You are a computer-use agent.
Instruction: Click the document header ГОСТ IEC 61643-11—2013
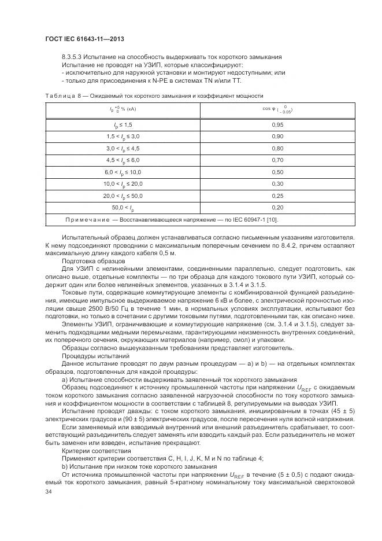click(x=85, y=39)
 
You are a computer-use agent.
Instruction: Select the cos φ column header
click(x=277, y=109)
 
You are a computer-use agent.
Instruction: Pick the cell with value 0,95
click(x=277, y=124)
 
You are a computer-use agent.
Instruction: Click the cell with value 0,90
click(x=277, y=136)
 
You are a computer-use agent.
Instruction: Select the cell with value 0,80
click(x=277, y=148)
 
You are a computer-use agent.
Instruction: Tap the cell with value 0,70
click(x=277, y=160)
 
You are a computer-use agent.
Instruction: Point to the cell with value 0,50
click(x=277, y=172)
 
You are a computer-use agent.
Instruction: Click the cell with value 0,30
click(x=277, y=183)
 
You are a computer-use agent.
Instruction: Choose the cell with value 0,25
click(x=277, y=196)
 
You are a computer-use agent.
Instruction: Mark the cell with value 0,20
click(x=277, y=207)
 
